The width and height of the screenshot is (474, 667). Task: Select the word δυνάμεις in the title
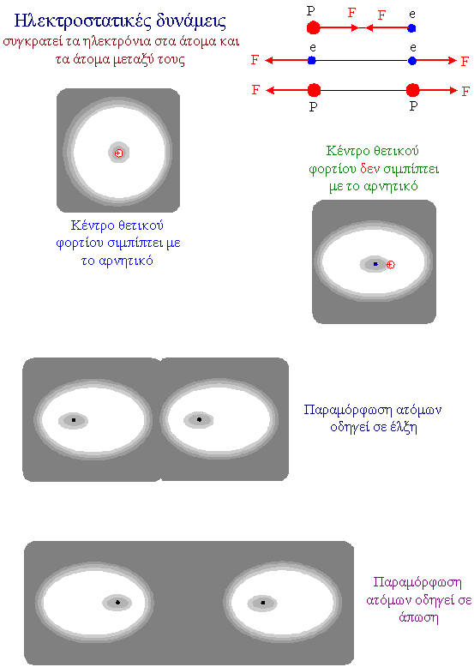191,21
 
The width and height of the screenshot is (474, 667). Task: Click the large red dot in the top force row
314,28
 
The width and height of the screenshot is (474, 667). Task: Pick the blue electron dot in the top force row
411,28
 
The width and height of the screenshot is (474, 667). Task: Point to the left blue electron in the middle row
312,60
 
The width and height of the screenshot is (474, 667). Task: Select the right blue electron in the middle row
412,61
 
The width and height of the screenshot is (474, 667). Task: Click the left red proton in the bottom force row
314,90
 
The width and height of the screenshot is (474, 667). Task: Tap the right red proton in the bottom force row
412,90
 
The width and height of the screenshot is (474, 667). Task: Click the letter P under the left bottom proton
314,106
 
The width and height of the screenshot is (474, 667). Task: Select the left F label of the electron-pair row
255,59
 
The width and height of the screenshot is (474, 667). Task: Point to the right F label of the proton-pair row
466,91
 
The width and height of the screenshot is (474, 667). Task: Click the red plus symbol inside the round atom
119,153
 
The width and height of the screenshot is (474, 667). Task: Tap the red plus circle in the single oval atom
391,265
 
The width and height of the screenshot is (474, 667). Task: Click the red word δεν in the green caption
369,169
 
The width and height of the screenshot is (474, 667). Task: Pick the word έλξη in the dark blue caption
403,427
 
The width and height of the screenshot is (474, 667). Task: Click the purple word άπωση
419,616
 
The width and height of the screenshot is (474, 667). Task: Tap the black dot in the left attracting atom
74,420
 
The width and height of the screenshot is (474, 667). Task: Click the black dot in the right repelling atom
263,603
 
